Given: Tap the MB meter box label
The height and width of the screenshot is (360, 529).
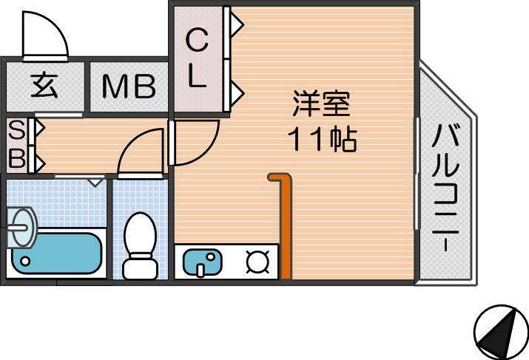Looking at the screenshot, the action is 129,86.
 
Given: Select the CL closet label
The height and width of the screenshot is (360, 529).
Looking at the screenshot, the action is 196,58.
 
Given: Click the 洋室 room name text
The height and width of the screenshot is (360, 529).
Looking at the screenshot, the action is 322,103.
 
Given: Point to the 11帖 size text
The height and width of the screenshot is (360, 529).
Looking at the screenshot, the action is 322,138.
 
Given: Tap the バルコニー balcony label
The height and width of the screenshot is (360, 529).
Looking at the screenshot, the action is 446,188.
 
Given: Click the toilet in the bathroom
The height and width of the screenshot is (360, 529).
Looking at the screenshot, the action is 141,245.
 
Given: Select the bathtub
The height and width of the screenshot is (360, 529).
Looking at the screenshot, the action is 57,253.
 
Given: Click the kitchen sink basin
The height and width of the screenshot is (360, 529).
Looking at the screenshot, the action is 203,262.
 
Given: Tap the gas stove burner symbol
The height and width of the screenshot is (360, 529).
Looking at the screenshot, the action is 257,262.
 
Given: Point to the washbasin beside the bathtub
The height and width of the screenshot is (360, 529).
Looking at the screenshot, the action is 22,228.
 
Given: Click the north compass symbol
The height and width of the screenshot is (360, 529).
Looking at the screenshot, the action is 501,333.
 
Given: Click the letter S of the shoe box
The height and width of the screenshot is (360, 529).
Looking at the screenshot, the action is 16,130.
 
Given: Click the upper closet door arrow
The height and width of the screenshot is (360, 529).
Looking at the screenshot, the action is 237,24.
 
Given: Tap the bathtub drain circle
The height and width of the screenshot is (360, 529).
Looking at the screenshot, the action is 25,261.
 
